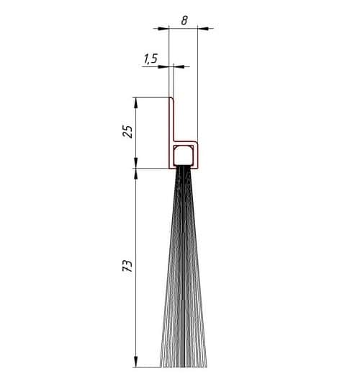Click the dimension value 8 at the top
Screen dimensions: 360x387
184,20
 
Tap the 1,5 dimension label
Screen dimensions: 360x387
150,59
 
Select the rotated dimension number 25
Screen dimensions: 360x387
127,132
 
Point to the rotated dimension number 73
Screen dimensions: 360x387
127,266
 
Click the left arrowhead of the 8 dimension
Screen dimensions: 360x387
163,29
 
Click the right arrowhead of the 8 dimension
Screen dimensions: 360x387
203,29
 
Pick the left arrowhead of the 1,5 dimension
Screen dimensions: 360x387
163,66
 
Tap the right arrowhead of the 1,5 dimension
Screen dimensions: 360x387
179,66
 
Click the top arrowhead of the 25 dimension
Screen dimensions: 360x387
135,103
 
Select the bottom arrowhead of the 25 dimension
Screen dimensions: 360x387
135,163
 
